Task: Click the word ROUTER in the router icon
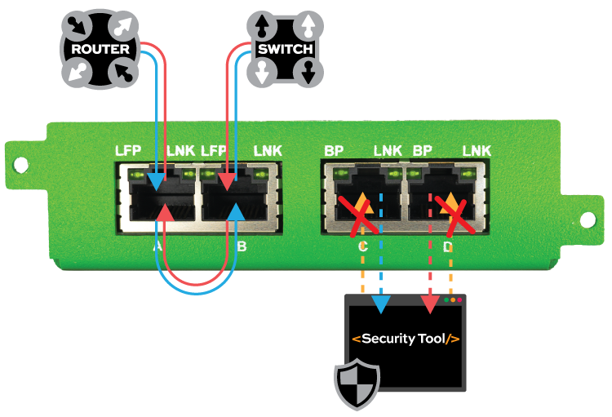(x=100, y=49)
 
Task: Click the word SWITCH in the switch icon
(x=285, y=49)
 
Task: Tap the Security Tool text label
(x=406, y=339)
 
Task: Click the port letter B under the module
(x=242, y=246)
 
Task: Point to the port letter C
(x=363, y=246)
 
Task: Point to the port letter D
(x=447, y=246)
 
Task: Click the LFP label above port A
(x=129, y=151)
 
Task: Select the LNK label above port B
(x=268, y=151)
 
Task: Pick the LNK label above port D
(x=477, y=151)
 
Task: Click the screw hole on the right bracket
(x=588, y=219)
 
